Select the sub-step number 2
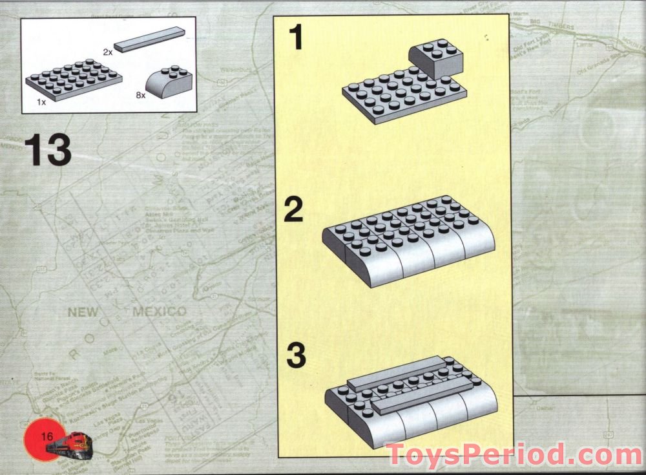294,210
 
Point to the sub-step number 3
295,356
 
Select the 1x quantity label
41,103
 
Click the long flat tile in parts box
150,39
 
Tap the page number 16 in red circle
47,437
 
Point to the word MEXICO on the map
159,312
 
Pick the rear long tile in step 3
395,374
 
